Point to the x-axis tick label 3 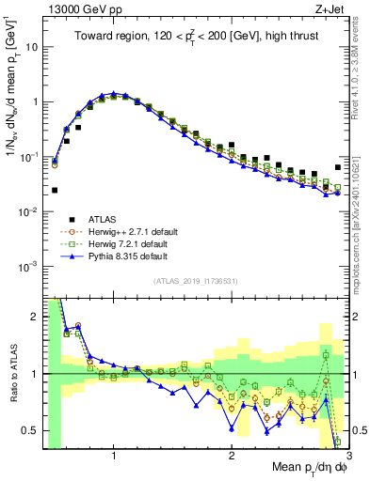pyautogui.click(x=348, y=457)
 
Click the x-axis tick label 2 pyautogui.click(x=232, y=457)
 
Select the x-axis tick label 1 pyautogui.click(x=114, y=457)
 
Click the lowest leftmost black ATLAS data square pyautogui.click(x=55, y=190)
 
